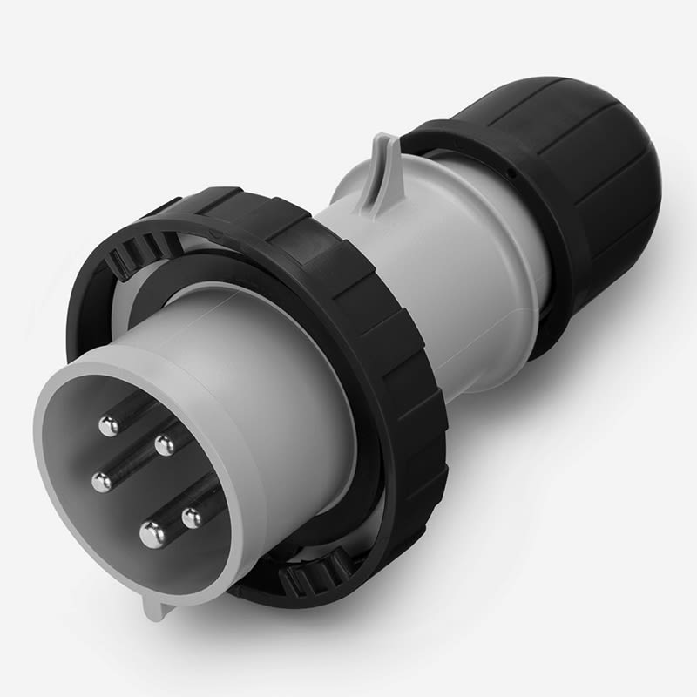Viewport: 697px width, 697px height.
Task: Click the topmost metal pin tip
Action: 109,426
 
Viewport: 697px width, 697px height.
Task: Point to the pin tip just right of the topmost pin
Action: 164,445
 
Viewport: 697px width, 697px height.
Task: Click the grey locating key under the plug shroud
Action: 157,607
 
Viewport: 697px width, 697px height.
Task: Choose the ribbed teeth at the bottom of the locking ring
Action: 314,575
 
